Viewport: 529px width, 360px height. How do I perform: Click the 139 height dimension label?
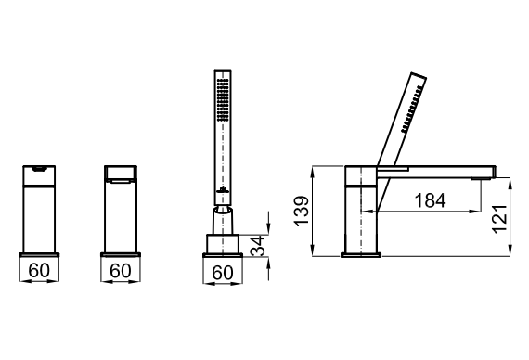coord(302,211)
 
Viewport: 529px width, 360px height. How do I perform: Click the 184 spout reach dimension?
coord(430,200)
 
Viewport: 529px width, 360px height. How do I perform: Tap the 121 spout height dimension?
coord(499,218)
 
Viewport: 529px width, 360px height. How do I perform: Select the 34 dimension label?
coord(258,246)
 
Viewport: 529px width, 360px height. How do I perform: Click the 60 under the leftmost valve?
coord(39,270)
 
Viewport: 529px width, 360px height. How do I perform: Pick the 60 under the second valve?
coord(121,270)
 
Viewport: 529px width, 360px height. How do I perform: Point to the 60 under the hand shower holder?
coord(223,273)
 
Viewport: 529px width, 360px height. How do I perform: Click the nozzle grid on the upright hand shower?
coord(223,100)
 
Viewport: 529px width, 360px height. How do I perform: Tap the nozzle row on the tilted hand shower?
coord(411,109)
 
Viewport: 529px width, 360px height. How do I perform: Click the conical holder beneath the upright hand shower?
coord(223,221)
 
